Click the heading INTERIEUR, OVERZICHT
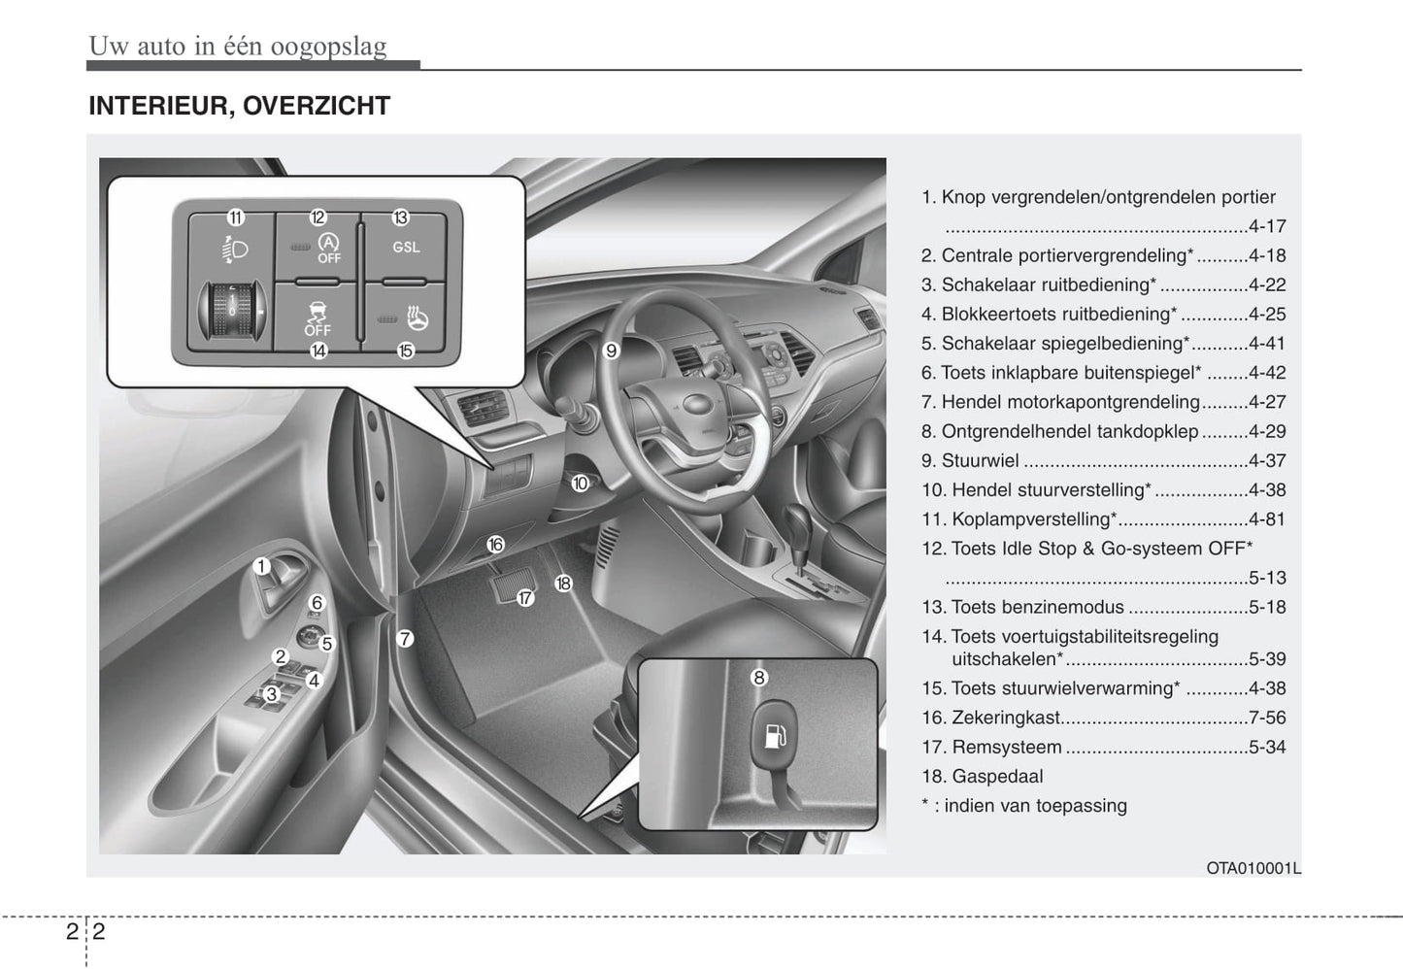coord(239,106)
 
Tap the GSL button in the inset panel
coord(406,248)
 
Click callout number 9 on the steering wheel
coord(612,351)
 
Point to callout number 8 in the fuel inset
coord(759,678)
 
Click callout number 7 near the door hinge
coord(406,639)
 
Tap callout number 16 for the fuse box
coord(495,545)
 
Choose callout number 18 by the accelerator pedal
coord(563,584)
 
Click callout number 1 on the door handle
coord(261,566)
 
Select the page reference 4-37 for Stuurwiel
coord(1267,460)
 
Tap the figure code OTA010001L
coord(1253,868)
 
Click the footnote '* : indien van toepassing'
coord(1024,805)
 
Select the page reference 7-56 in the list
coord(1267,718)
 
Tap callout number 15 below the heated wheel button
coord(406,351)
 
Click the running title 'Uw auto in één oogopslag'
coord(238,46)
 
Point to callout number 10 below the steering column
coord(580,483)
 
